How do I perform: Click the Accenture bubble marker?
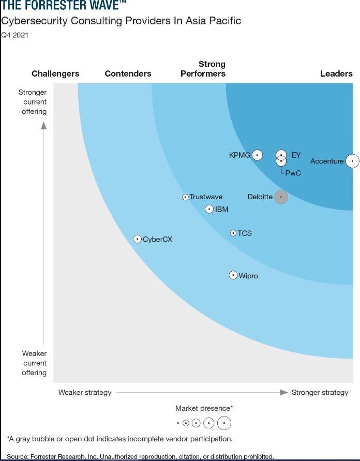click(352, 161)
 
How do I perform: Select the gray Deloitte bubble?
click(281, 197)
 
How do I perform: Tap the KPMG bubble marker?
click(257, 155)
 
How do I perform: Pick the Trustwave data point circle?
click(185, 197)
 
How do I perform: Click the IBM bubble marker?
click(209, 209)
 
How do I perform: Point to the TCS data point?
click(233, 233)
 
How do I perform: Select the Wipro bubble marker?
click(233, 275)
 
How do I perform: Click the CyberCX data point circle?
click(137, 239)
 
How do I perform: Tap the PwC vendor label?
click(293, 173)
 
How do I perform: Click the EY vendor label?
click(296, 155)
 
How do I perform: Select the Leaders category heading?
click(336, 73)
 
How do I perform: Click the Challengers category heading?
click(55, 73)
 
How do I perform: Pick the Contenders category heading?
click(128, 73)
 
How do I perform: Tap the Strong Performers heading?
click(203, 69)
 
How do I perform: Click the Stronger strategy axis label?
click(320, 392)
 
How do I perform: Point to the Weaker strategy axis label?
click(85, 392)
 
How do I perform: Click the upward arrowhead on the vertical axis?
click(43, 125)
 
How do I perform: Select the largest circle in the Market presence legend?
click(224, 423)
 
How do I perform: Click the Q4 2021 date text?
click(14, 35)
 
